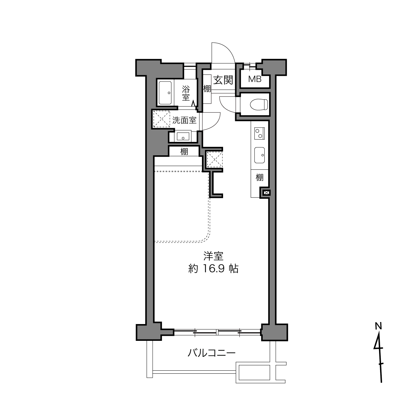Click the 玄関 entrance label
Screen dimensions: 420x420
tap(223, 80)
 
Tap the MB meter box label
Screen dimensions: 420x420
tap(255, 79)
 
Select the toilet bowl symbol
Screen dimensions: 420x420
tap(259, 104)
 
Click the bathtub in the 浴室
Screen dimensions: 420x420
tap(165, 93)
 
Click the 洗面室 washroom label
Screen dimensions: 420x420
tap(185, 120)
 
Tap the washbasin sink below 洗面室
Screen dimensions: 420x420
tap(183, 136)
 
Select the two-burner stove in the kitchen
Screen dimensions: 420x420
tap(259, 134)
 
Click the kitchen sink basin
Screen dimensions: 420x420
tap(259, 155)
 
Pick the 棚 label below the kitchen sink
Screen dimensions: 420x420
tap(259, 177)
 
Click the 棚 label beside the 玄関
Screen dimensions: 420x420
tap(207, 89)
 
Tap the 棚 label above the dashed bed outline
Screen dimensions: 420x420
tap(184, 152)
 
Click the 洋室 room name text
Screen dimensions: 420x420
tap(213, 256)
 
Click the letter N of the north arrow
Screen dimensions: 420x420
tap(378, 326)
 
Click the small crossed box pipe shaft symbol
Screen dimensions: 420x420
tap(266, 193)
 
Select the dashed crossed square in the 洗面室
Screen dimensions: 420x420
tap(162, 119)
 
